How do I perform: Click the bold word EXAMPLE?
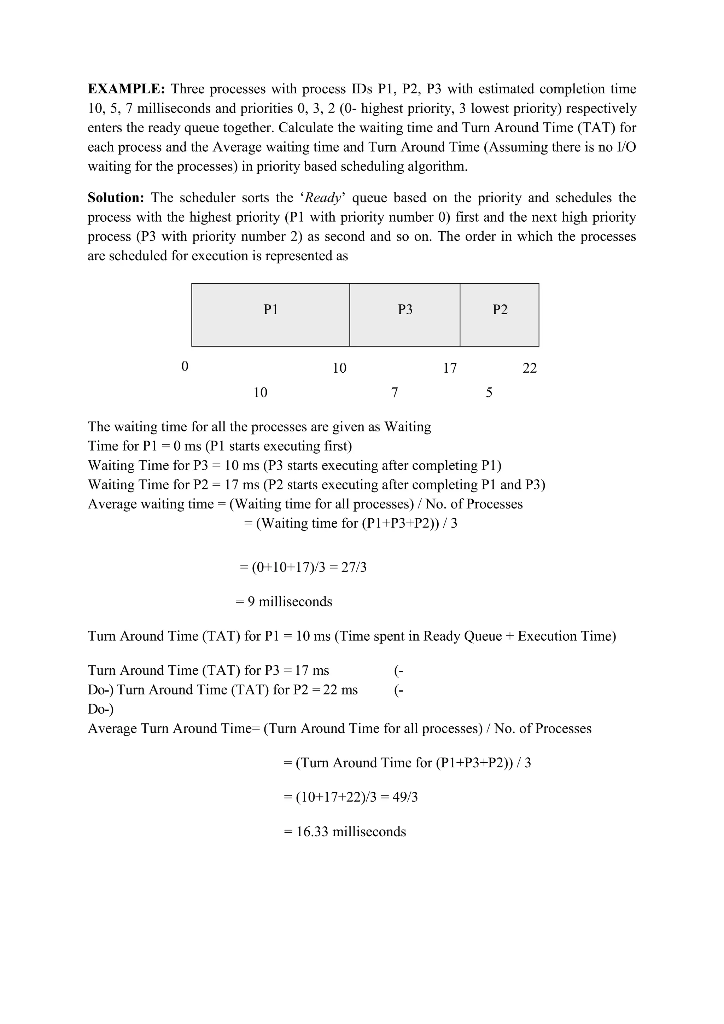pos(126,89)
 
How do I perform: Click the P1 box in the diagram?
pos(270,314)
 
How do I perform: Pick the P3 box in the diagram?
pos(405,314)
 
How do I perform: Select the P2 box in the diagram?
pos(499,314)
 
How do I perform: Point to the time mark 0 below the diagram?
pos(185,367)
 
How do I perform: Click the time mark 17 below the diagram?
pos(450,368)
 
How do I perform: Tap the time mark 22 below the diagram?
pos(530,368)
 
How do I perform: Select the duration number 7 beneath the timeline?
pos(395,393)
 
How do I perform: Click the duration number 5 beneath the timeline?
pos(489,393)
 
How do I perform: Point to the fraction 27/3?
pos(354,568)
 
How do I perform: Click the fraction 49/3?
pos(405,797)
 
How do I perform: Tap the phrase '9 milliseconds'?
pos(290,602)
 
